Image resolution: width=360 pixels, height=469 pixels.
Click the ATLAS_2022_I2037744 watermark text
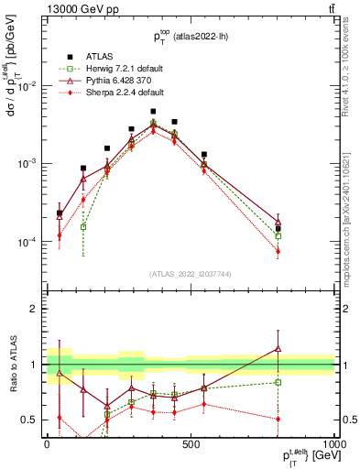190,274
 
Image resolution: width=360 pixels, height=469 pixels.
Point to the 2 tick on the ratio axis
33,309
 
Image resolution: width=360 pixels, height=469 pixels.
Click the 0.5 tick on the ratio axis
28,420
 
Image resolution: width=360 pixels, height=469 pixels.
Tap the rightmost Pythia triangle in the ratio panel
278,348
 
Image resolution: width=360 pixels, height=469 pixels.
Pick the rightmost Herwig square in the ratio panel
278,382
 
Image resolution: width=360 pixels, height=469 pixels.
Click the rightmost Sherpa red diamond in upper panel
278,251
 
